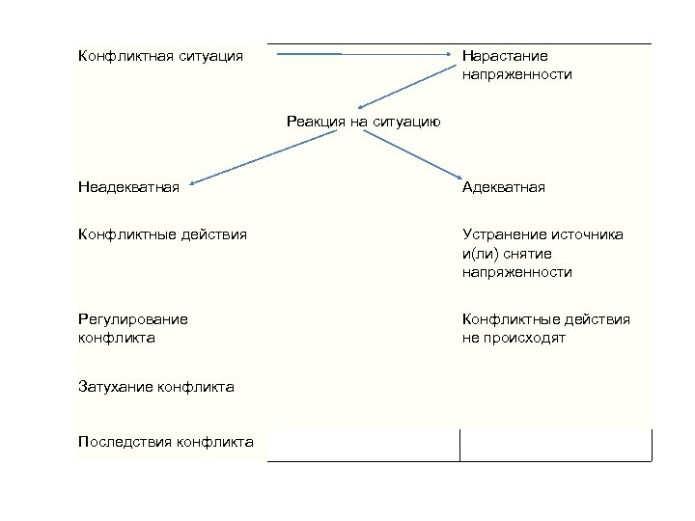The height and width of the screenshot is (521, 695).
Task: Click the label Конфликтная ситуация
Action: coord(159,56)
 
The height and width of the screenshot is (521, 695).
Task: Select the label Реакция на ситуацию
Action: coord(364,121)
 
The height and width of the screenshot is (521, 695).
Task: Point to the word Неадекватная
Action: coord(128,186)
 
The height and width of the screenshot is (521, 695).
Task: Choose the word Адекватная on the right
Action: coord(504,186)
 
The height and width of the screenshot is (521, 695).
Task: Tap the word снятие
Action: coord(534,254)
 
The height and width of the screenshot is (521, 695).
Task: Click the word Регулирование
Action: coord(133,319)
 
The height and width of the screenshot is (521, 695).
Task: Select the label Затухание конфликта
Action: coord(156,387)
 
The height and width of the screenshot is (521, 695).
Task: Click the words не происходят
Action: coord(514,339)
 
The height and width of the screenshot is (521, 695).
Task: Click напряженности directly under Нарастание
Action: coord(517,74)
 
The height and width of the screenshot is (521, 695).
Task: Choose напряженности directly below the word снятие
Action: coord(517,273)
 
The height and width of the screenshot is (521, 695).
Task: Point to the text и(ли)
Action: coord(483,254)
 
